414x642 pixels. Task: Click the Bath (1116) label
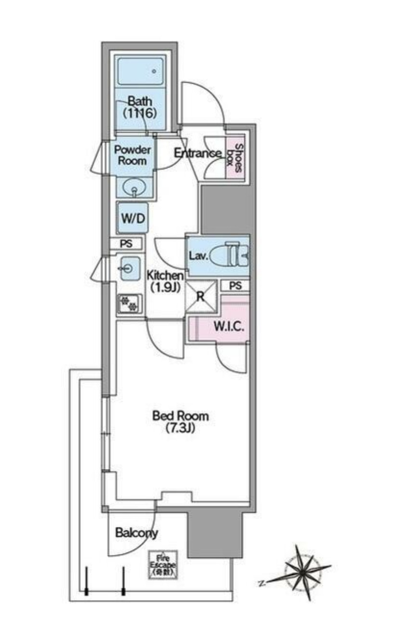(140, 107)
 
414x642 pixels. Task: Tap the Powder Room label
(132, 155)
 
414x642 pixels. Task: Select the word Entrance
(197, 153)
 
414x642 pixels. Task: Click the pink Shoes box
(238, 158)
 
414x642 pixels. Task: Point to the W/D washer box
(132, 218)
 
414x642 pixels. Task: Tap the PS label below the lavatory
(235, 286)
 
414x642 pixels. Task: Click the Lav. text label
(198, 256)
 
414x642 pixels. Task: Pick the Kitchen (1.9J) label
(165, 281)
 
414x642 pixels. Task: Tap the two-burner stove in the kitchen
(129, 304)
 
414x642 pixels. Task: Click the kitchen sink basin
(129, 268)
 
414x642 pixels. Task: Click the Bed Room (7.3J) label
(181, 421)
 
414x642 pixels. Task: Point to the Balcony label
(137, 533)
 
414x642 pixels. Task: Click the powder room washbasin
(134, 187)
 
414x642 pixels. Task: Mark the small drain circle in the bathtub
(154, 71)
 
